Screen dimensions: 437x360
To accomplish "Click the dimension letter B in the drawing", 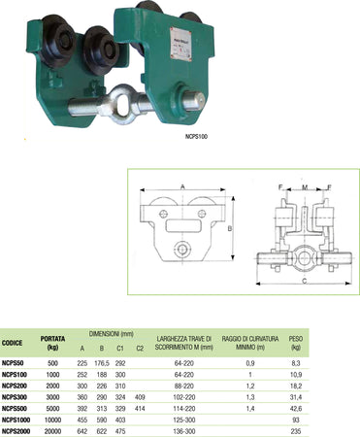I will (230, 230).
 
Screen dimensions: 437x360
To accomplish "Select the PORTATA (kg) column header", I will (53, 343).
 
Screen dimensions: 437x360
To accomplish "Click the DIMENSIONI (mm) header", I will (115, 331).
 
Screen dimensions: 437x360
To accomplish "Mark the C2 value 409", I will (142, 396).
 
